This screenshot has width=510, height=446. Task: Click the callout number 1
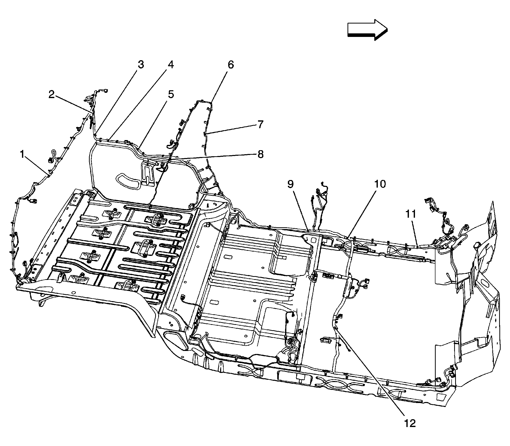click(22, 154)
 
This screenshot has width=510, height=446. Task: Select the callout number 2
click(52, 95)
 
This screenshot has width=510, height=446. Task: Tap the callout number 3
click(141, 64)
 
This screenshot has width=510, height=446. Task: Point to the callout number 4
click(171, 65)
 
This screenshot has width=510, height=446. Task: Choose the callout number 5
click(171, 95)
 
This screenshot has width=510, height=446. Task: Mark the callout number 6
click(230, 65)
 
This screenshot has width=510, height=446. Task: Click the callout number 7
click(260, 124)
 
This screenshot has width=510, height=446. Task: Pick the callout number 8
click(260, 154)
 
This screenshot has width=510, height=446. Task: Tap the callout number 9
click(290, 184)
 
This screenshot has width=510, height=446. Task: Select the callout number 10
click(380, 184)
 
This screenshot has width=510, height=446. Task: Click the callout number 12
click(410, 423)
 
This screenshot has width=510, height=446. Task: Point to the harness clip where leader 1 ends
click(48, 173)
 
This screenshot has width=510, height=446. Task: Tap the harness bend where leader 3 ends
click(94, 136)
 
